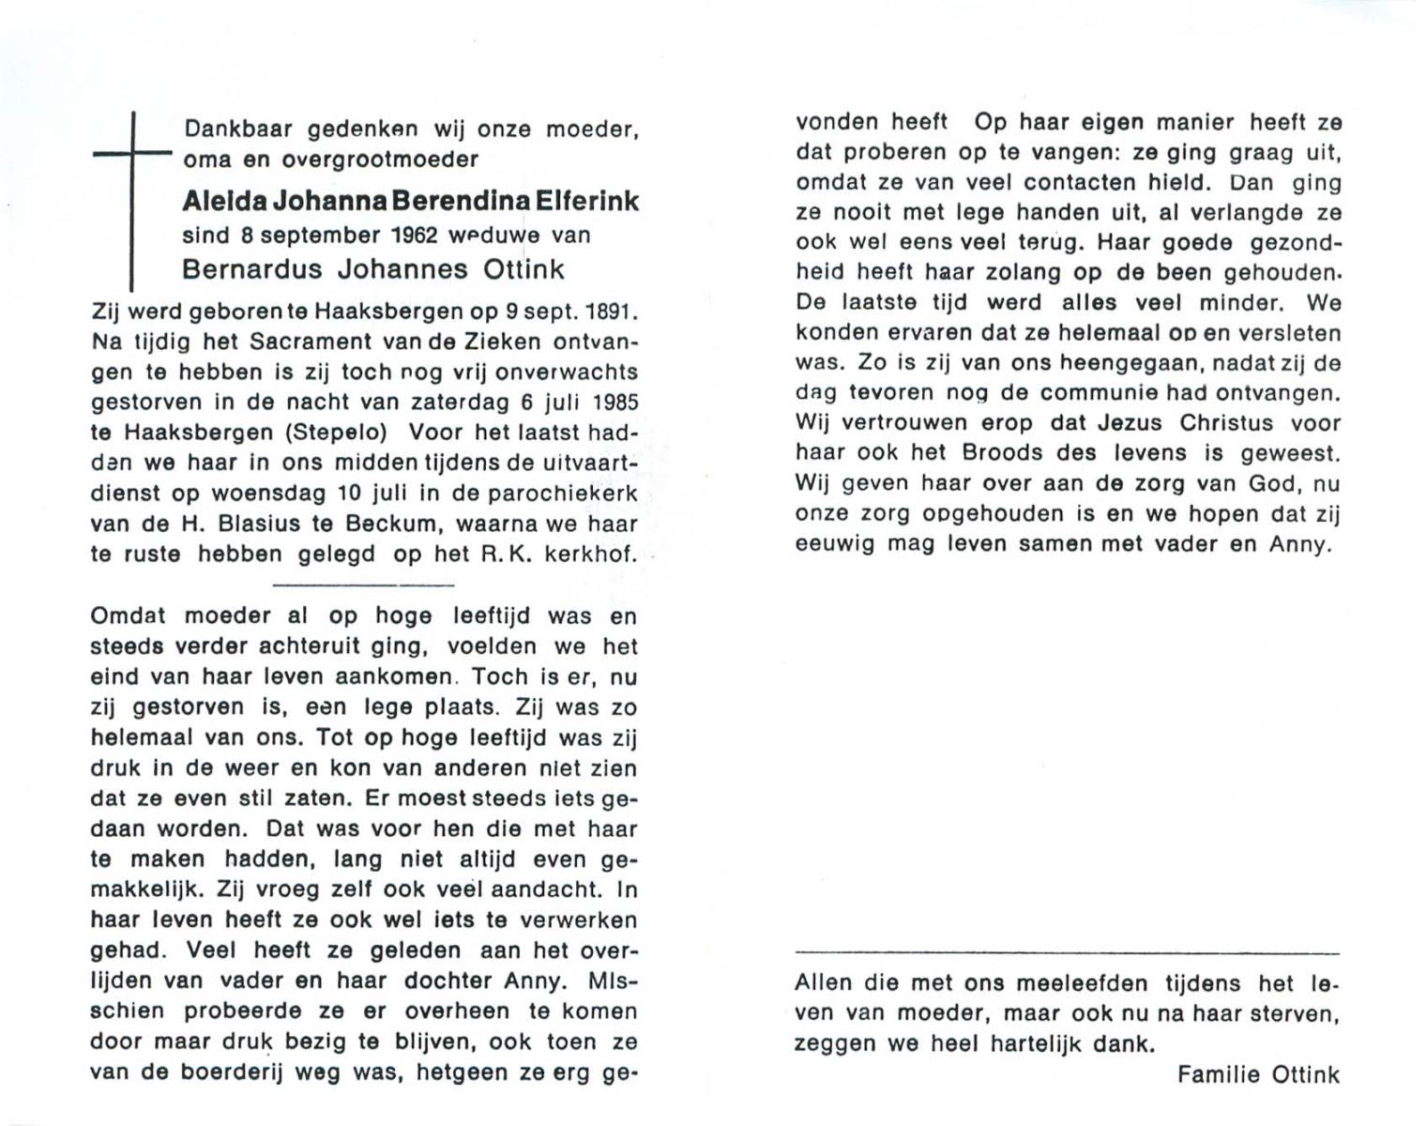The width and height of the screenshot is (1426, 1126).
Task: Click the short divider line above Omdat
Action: pos(362,585)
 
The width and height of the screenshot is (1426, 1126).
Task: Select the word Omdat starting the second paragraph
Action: pos(128,616)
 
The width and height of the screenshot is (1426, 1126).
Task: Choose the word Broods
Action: pos(1000,453)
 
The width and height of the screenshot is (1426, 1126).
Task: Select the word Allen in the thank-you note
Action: pos(824,983)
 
